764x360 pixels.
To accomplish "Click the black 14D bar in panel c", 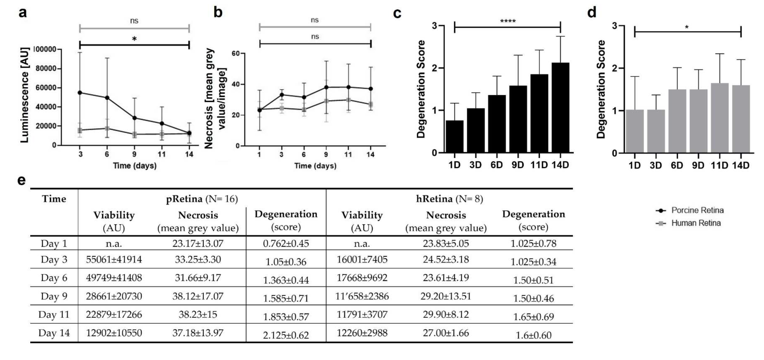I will (x=560, y=108).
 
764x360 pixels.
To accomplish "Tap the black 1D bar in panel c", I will (x=454, y=137).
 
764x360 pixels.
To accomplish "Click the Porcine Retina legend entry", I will (x=697, y=210).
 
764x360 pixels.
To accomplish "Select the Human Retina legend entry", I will (x=696, y=223).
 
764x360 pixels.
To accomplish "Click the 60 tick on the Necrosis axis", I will (x=236, y=53).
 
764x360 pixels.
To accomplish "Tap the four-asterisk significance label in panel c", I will (x=508, y=21).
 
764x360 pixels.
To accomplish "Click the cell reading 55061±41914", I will (x=114, y=259).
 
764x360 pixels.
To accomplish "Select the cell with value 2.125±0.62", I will (x=286, y=335).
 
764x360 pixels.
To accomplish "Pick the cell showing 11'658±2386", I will (x=362, y=296).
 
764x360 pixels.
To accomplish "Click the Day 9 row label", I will (x=54, y=296).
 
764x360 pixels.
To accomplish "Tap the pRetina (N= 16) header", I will (x=202, y=199).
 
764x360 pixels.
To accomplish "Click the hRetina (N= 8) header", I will (x=449, y=199).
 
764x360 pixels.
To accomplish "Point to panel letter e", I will (x=21, y=180).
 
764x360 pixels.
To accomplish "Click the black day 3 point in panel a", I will (x=80, y=92).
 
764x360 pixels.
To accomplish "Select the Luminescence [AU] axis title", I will (x=25, y=95).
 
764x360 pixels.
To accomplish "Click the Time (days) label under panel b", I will (x=315, y=166).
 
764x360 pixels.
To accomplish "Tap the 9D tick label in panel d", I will (x=698, y=165).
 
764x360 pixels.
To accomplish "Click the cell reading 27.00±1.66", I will (x=446, y=333).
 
